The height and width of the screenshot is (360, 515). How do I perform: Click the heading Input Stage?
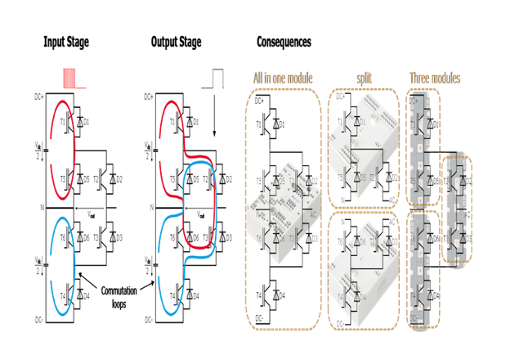[66, 41]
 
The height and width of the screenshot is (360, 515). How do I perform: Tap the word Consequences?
[284, 41]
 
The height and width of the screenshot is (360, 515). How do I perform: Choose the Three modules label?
[434, 78]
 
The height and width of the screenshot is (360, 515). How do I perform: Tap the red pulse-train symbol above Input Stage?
[72, 79]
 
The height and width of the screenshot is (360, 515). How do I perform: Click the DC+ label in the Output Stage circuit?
[149, 97]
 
